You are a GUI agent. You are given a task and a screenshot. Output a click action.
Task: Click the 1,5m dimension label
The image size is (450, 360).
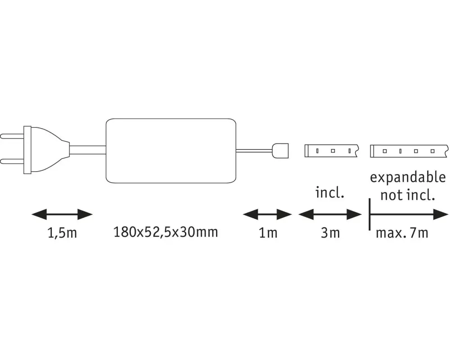pyautogui.click(x=62, y=234)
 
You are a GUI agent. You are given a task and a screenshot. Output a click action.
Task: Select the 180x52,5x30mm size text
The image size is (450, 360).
pyautogui.click(x=166, y=232)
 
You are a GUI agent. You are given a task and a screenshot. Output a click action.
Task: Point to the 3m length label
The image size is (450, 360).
pyautogui.click(x=331, y=233)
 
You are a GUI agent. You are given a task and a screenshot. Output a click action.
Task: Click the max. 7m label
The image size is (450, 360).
pyautogui.click(x=402, y=233)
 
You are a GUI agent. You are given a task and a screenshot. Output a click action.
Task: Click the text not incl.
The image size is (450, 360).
pyautogui.click(x=408, y=195)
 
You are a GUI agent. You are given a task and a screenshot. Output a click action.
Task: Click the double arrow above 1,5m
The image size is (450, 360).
pyautogui.click(x=62, y=215)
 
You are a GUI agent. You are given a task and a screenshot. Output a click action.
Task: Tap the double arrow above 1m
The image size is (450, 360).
pyautogui.click(x=268, y=215)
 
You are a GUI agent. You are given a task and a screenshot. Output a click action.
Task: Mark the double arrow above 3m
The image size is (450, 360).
pyautogui.click(x=331, y=215)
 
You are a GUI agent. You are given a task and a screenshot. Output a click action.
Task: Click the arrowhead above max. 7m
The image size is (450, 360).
pyautogui.click(x=440, y=215)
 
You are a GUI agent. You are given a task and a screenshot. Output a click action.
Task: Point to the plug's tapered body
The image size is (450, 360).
pyautogui.click(x=47, y=148)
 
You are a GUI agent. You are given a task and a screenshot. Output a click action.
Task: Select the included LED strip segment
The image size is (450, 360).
pyautogui.click(x=331, y=151)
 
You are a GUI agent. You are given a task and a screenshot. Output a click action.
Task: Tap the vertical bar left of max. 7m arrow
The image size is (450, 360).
pyautogui.click(x=369, y=215)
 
